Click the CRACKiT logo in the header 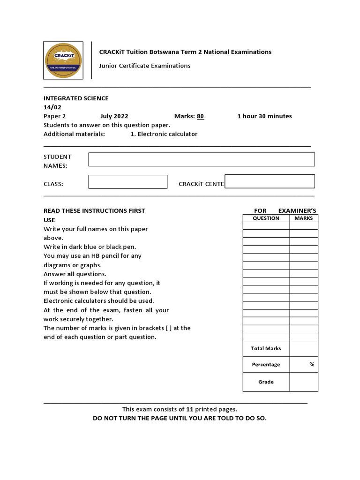click(x=63, y=60)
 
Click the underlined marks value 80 click(x=200, y=116)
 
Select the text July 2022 click(x=114, y=116)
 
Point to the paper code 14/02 click(x=52, y=107)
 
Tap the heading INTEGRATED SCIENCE click(x=76, y=98)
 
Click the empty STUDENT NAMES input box click(x=202, y=159)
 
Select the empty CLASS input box click(x=128, y=182)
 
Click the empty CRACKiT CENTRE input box click(x=270, y=181)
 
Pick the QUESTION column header click(x=266, y=218)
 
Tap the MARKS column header click(x=304, y=218)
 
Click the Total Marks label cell click(x=266, y=348)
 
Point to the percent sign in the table click(x=312, y=364)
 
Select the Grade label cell click(x=266, y=382)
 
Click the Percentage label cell click(x=266, y=364)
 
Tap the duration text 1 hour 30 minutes click(x=264, y=116)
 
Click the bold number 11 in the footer click(x=190, y=409)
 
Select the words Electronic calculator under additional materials click(x=167, y=134)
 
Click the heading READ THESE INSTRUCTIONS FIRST click(x=94, y=211)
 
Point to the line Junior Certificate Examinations click(x=144, y=66)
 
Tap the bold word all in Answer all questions click(x=71, y=274)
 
